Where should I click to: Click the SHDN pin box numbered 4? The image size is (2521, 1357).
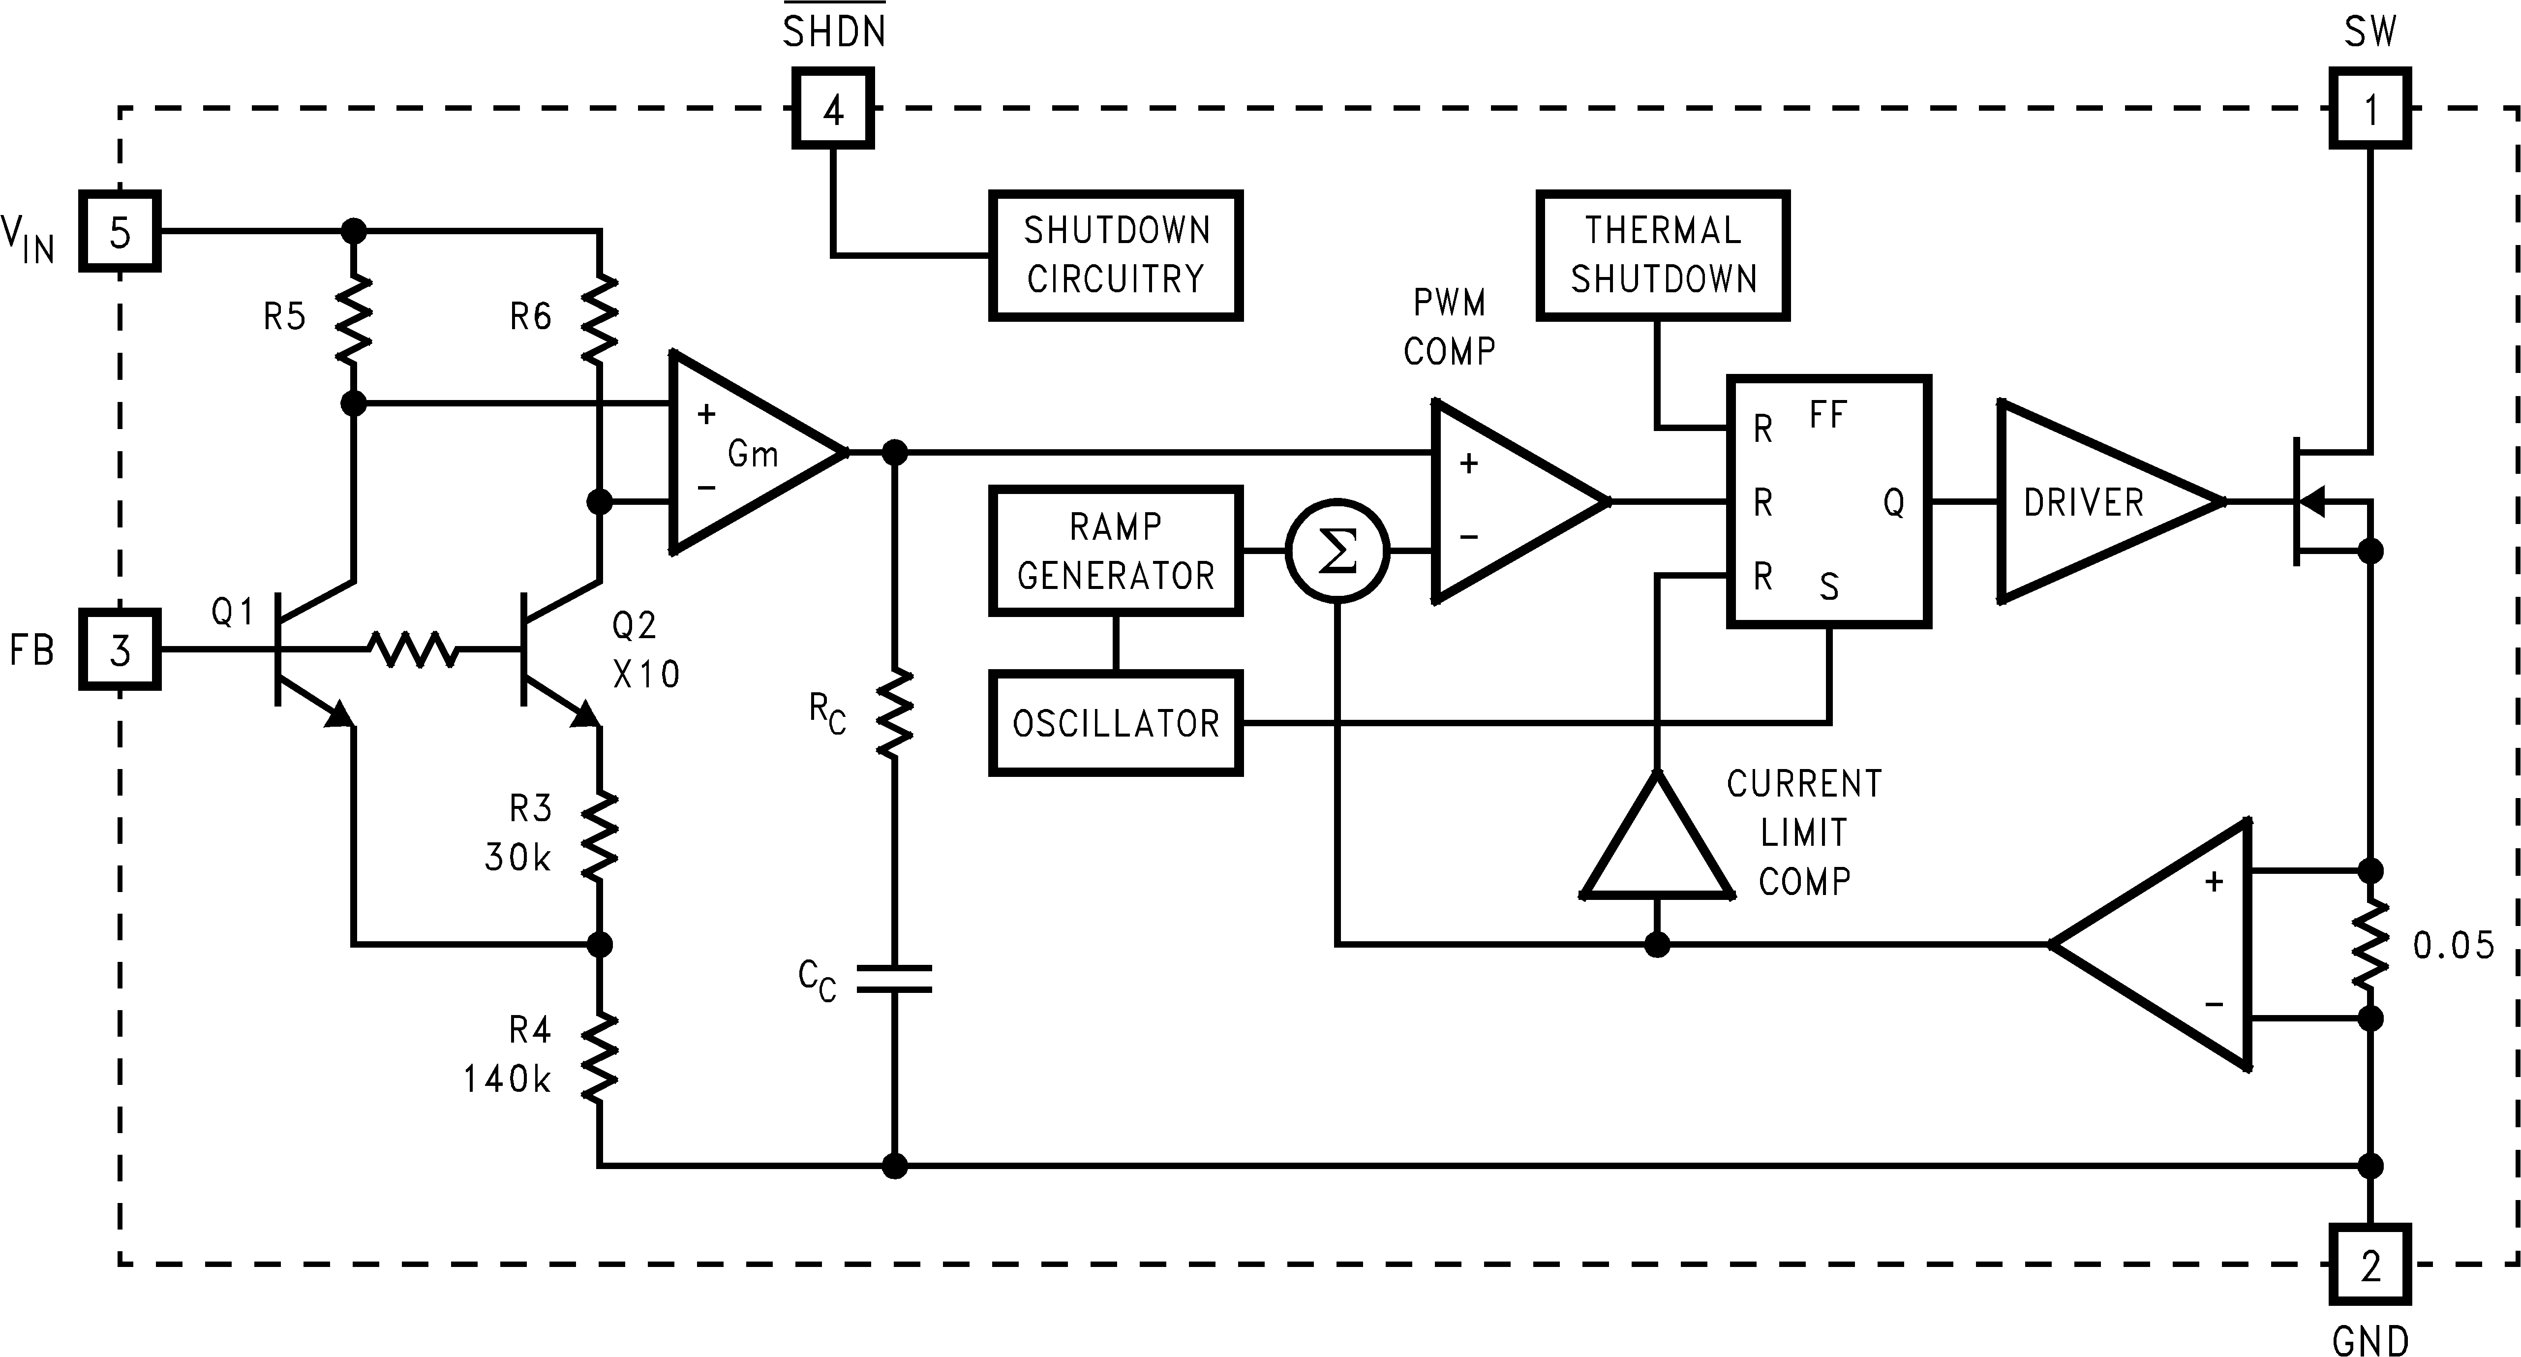pos(833,109)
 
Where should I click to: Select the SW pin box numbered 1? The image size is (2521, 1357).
pos(2369,109)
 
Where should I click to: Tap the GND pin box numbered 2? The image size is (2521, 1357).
pos(2369,1265)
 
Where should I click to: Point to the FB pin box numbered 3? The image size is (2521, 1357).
pos(120,650)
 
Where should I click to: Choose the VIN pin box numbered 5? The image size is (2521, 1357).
pos(120,232)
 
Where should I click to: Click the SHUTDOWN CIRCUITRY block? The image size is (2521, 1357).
pos(1116,255)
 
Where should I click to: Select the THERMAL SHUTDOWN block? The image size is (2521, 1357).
pos(1663,255)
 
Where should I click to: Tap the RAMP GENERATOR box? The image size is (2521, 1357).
pos(1116,551)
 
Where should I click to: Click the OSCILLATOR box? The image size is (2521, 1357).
pos(1116,724)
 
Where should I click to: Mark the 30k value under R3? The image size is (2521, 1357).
pos(517,858)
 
